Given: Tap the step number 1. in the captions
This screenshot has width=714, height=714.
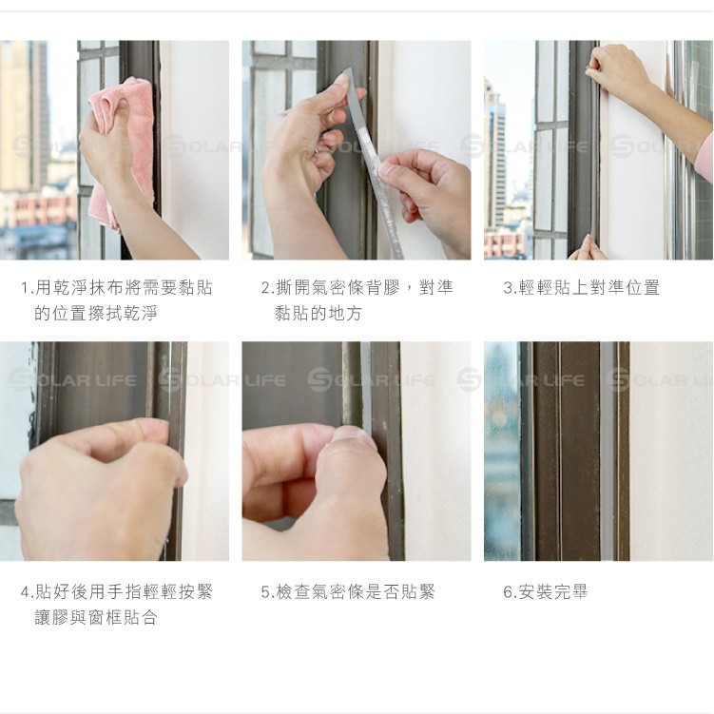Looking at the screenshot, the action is point(28,288).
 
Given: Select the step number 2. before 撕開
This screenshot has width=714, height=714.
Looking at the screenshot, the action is point(268,288).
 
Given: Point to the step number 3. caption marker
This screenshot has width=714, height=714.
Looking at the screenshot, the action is point(510,288).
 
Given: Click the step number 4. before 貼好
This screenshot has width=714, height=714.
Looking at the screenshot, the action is point(28,592).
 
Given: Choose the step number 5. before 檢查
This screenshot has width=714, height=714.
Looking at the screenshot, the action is point(268,592).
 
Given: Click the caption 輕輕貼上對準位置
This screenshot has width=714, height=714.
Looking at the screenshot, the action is point(589,288).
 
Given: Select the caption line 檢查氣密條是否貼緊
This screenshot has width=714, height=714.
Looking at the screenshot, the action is point(356,592).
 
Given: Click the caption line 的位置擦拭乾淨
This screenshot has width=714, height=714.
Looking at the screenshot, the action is point(96,314).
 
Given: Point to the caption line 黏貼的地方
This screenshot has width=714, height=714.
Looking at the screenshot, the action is point(318,314).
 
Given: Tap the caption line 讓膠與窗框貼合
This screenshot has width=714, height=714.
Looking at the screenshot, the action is point(96,617).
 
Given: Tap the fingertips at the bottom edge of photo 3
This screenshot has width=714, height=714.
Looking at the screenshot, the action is point(588,248).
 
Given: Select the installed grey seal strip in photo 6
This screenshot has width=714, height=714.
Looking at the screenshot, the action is point(608,451).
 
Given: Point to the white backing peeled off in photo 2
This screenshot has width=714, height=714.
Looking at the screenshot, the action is point(378,196).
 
